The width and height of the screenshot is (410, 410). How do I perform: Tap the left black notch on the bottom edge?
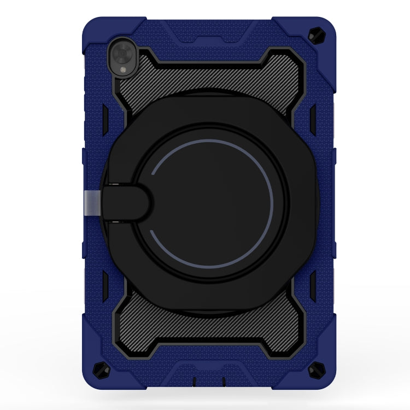pyautogui.click(x=192, y=380)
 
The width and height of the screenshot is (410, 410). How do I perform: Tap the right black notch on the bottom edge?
pyautogui.click(x=222, y=380)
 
